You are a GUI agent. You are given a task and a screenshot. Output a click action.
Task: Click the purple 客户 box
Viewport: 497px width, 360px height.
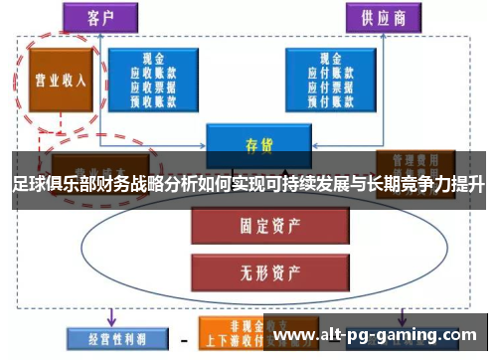tap(99, 17)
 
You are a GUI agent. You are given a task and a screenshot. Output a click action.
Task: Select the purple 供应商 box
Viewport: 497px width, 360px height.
tap(383, 17)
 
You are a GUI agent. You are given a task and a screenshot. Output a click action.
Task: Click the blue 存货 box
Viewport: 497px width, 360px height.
tap(259, 145)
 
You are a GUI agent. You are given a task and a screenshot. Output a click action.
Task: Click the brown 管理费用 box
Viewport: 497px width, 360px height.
tap(414, 159)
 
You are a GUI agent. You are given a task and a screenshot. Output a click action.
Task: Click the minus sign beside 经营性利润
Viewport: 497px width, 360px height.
tap(183, 336)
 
